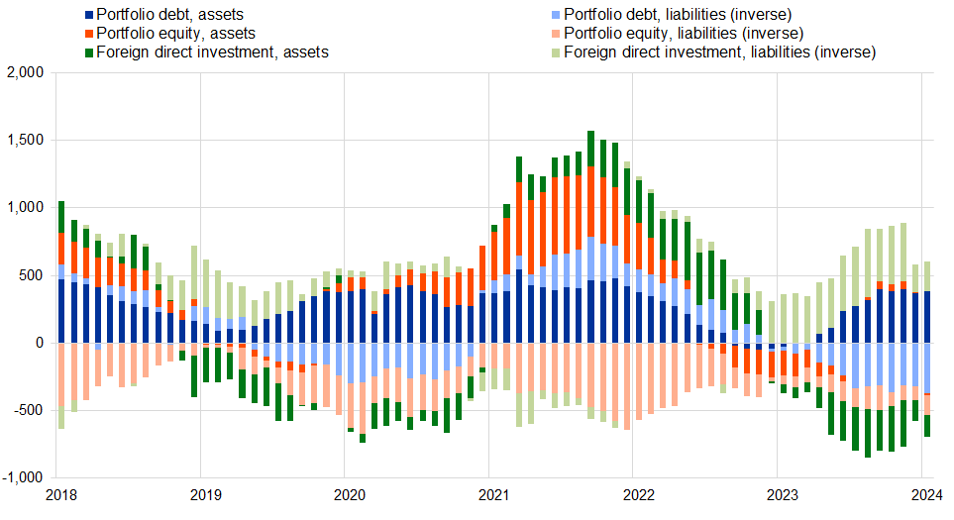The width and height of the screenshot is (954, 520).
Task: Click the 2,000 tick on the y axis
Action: (x=24, y=73)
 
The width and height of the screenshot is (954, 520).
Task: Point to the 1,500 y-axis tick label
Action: (x=24, y=141)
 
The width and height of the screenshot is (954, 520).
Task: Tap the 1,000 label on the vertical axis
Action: (x=24, y=208)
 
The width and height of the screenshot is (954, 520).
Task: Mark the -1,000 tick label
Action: (x=22, y=477)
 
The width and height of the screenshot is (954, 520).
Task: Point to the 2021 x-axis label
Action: (x=491, y=495)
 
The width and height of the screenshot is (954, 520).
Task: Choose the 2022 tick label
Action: (x=636, y=495)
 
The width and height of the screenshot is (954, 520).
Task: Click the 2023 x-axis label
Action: (x=781, y=495)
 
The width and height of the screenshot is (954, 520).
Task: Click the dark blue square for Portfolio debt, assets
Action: (x=91, y=15)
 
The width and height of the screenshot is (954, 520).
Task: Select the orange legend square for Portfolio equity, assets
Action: (x=91, y=33)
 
